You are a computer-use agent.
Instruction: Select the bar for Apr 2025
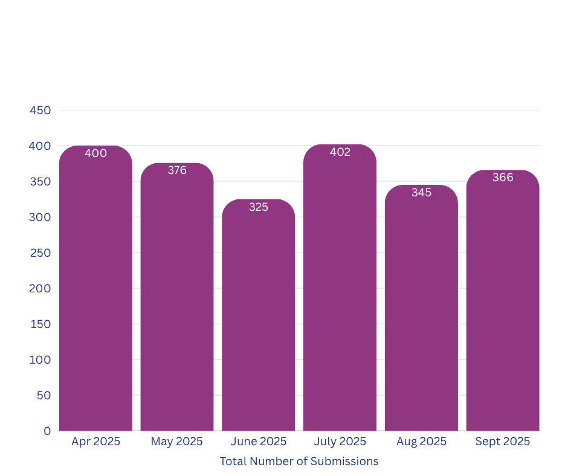(x=95, y=290)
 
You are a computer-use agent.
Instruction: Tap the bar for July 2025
(x=340, y=290)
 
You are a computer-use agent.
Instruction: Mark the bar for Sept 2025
(x=503, y=302)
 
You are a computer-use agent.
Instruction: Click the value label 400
(x=95, y=153)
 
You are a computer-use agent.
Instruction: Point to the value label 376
(x=177, y=170)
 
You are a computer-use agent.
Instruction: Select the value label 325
(x=259, y=207)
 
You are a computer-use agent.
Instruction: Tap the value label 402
(x=340, y=152)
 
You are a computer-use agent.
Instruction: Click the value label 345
(x=421, y=193)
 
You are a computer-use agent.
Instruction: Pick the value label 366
(x=503, y=178)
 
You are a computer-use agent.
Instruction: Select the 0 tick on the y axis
(x=47, y=431)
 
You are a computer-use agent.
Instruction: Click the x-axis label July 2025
(x=340, y=442)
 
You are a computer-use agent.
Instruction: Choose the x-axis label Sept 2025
(x=503, y=442)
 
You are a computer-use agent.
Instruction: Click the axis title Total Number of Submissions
(x=299, y=462)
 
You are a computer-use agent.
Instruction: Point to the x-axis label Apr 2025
(x=95, y=442)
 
